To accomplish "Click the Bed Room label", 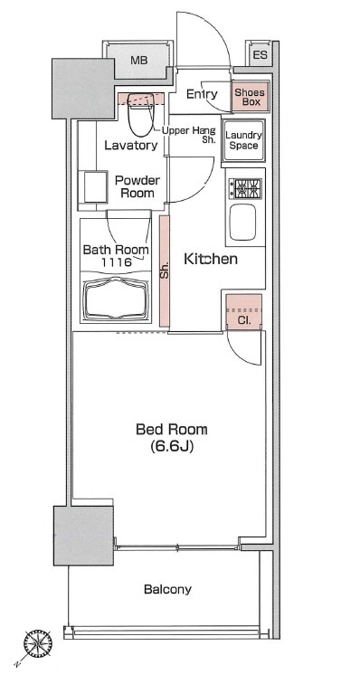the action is click(x=172, y=430).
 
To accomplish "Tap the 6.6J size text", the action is click(x=172, y=447).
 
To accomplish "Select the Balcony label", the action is click(x=167, y=590).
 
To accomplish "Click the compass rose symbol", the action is click(x=38, y=644).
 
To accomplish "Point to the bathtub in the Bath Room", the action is click(x=116, y=299).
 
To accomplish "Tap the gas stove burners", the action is click(x=245, y=189).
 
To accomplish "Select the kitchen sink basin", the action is click(x=242, y=222).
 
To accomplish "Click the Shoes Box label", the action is click(x=250, y=98).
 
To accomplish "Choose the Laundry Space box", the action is click(x=243, y=140).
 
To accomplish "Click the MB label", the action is click(x=139, y=61).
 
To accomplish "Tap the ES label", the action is click(x=261, y=55).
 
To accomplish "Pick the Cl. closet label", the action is click(x=244, y=320).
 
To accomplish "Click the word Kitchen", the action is click(x=211, y=259).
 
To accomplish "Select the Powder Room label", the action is click(x=137, y=186).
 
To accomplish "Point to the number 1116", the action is click(x=117, y=262).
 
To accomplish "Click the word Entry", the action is click(x=202, y=94).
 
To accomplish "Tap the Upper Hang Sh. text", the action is click(x=188, y=135).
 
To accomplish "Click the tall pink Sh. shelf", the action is click(x=164, y=271).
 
